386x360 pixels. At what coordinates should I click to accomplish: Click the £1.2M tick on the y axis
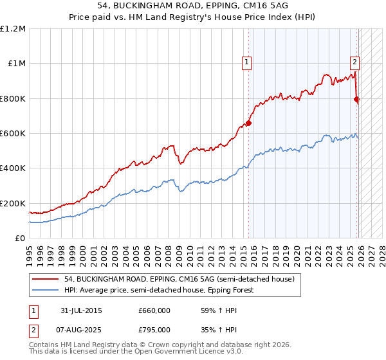[x=14, y=29]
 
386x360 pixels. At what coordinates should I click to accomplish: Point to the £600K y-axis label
[x=14, y=134]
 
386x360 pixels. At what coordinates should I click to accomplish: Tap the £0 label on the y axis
[x=20, y=239]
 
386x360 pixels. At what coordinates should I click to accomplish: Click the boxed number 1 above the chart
[x=248, y=62]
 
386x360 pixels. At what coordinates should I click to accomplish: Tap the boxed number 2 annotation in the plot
[x=354, y=62]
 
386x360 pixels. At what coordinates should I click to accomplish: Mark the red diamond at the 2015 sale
[x=248, y=123]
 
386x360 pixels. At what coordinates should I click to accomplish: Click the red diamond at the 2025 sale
[x=357, y=99]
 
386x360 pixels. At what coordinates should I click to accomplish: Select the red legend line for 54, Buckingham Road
[x=45, y=279]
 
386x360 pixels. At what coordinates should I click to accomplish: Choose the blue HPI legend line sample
[x=45, y=290]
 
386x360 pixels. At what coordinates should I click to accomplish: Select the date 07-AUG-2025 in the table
[x=80, y=330]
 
